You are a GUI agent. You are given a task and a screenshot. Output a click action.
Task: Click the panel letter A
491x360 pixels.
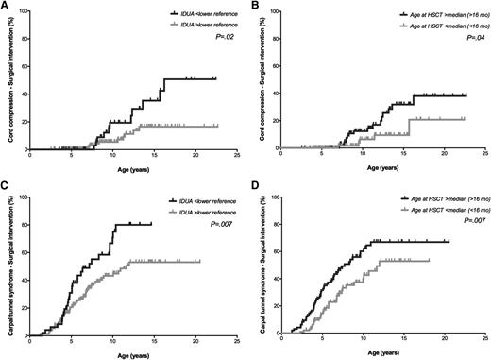click(x=5, y=7)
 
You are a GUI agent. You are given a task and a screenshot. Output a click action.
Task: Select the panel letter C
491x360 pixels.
click(x=5, y=189)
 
